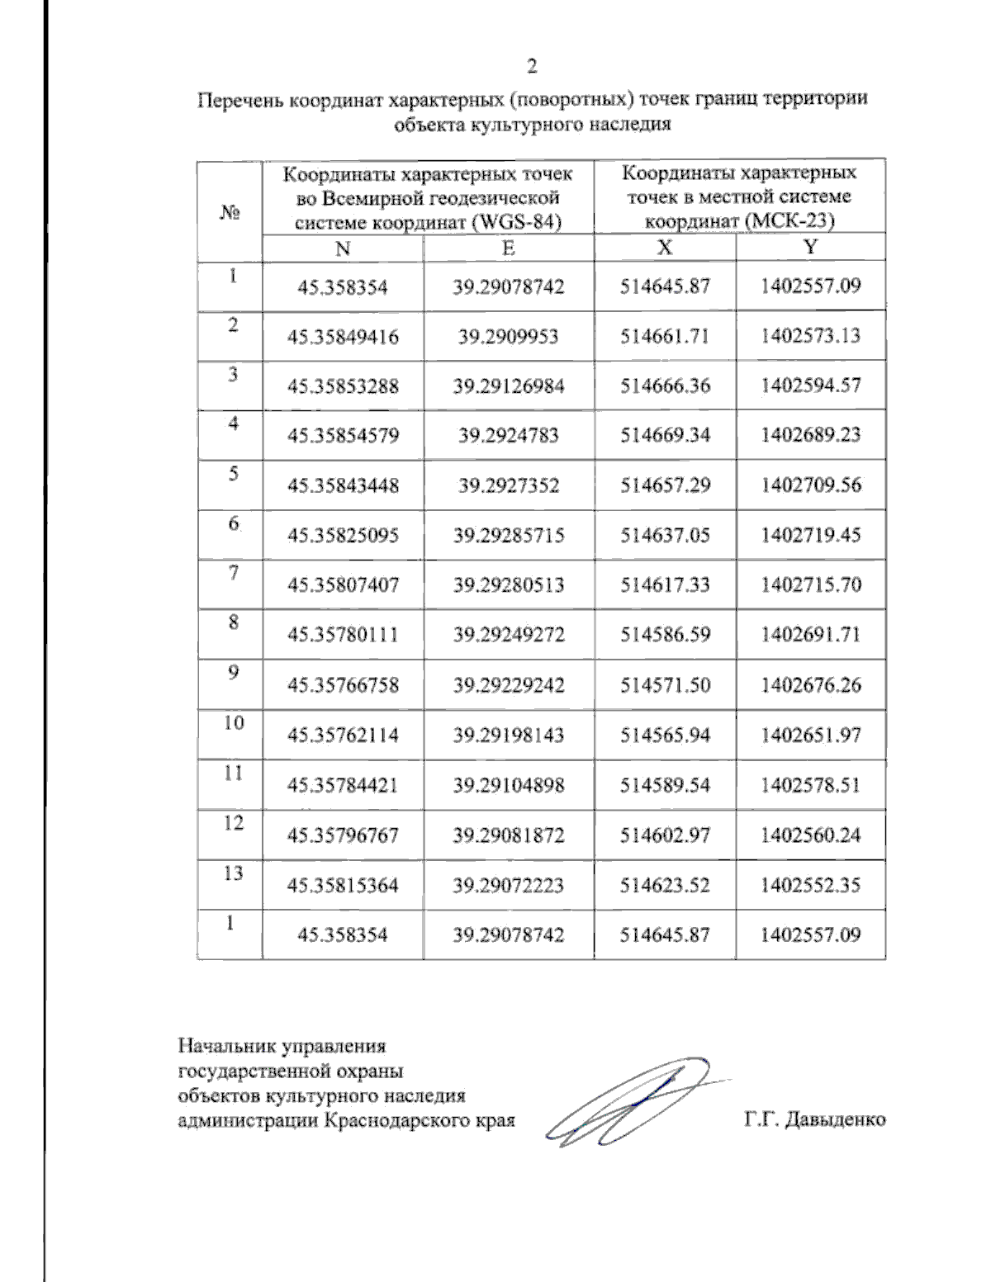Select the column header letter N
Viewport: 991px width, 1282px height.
pyautogui.click(x=343, y=248)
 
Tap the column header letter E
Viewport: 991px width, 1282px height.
pyautogui.click(x=509, y=248)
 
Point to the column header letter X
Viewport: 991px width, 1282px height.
pyautogui.click(x=665, y=248)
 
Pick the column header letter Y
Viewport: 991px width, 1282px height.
pyautogui.click(x=811, y=248)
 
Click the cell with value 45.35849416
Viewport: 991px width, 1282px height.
pyautogui.click(x=343, y=337)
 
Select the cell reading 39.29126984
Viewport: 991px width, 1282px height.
pyautogui.click(x=509, y=386)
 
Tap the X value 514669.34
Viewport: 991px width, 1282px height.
pyautogui.click(x=665, y=435)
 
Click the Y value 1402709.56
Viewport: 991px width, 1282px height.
pyautogui.click(x=810, y=485)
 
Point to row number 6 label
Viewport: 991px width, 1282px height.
pyautogui.click(x=234, y=523)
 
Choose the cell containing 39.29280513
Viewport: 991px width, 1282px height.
pyautogui.click(x=509, y=585)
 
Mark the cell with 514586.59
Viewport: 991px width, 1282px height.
pyautogui.click(x=665, y=635)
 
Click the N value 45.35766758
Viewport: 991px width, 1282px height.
pyautogui.click(x=343, y=685)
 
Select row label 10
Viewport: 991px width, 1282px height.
pyautogui.click(x=234, y=723)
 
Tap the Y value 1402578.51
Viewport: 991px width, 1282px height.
pyautogui.click(x=810, y=785)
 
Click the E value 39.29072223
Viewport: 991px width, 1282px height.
pyautogui.click(x=509, y=885)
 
